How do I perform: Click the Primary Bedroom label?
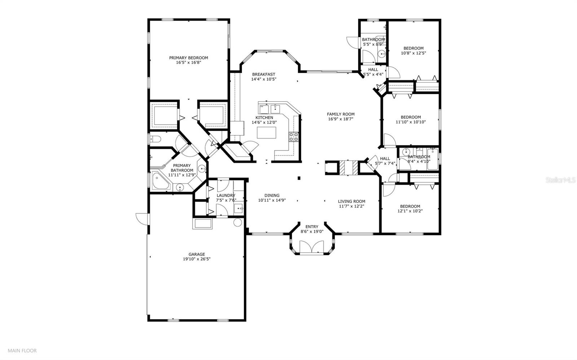click(x=189, y=58)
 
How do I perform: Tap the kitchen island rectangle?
click(x=267, y=132)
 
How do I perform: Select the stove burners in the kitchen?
click(x=293, y=137)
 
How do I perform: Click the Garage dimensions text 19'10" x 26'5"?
click(x=197, y=259)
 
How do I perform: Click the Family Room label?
click(x=341, y=114)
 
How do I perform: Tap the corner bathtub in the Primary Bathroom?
click(x=159, y=181)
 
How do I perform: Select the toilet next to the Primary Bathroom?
click(x=155, y=139)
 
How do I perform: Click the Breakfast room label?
click(x=263, y=74)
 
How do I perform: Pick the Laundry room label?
click(x=226, y=195)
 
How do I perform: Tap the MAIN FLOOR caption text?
click(x=22, y=350)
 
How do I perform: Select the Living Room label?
click(x=351, y=201)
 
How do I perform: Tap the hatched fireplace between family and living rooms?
click(x=348, y=168)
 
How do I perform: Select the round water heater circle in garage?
click(x=237, y=222)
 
